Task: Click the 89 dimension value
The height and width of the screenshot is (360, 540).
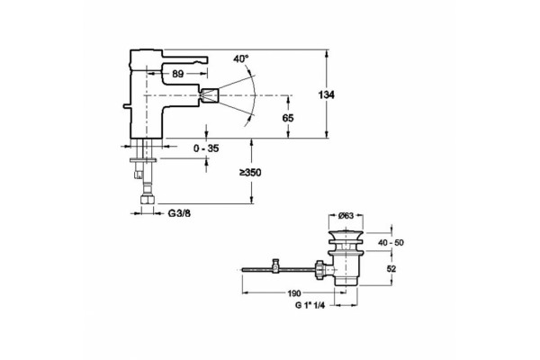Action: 177,74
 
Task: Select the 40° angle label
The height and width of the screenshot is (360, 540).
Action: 240,58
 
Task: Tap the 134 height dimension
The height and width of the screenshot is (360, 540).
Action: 326,94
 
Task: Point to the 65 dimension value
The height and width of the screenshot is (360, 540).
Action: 288,118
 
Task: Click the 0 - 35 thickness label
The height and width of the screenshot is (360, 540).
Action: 206,148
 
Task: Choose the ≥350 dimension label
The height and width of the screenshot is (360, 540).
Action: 251,172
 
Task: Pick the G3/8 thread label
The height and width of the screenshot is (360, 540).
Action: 179,213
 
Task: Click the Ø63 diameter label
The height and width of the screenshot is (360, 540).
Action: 346,216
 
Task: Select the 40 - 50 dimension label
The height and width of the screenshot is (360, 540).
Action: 391,242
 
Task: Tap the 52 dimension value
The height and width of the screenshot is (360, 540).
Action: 391,268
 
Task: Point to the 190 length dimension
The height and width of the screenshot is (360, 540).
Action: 294,293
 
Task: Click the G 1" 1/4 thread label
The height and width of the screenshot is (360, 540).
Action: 310,305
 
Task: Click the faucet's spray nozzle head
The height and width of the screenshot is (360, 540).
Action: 211,95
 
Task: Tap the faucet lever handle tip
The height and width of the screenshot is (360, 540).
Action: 205,60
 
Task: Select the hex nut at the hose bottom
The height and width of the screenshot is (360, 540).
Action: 148,201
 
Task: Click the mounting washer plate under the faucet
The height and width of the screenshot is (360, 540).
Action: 143,160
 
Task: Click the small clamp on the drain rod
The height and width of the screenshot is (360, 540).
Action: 275,266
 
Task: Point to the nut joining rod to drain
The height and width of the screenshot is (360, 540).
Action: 319,269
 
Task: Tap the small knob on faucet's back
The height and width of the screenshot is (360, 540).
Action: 126,106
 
